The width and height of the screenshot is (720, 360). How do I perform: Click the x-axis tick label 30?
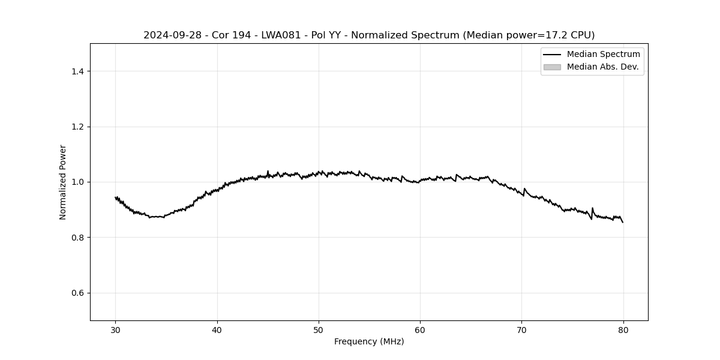coord(116,329)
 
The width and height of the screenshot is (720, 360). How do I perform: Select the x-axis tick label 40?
coord(217,329)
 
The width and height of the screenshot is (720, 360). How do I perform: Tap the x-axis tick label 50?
coord(319,329)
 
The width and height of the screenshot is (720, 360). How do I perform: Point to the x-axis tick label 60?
coord(420,329)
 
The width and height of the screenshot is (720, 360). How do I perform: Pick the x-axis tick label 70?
coord(521,329)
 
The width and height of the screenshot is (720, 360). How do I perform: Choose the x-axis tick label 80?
coord(623,329)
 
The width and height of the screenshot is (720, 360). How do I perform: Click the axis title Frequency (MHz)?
coord(369,341)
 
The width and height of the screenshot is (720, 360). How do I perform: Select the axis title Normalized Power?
coord(63,182)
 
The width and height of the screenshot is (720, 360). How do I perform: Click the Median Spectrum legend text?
coord(603,55)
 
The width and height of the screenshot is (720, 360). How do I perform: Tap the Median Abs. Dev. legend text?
coord(602,67)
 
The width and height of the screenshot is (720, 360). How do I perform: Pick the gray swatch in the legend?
coord(552,67)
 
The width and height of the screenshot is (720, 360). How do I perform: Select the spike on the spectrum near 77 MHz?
coord(592,209)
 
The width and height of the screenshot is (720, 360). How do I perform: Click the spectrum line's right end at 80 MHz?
coord(623,222)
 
